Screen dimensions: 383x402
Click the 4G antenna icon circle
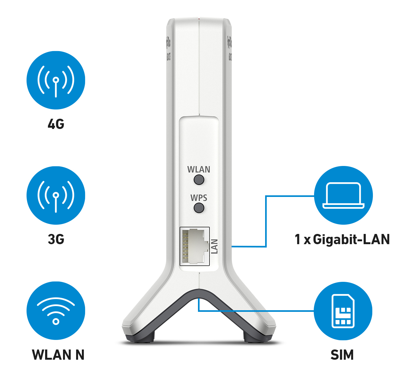pyautogui.click(x=56, y=80)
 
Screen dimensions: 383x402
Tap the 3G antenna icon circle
pyautogui.click(x=56, y=195)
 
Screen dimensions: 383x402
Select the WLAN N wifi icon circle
pyautogui.click(x=56, y=311)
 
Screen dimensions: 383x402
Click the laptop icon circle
pyautogui.click(x=343, y=195)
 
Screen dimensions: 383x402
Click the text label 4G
pyautogui.click(x=56, y=124)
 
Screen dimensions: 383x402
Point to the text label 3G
pyautogui.click(x=56, y=239)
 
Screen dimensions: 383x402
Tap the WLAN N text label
pyautogui.click(x=58, y=355)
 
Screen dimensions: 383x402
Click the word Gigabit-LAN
pyautogui.click(x=351, y=239)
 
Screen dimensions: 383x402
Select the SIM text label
pyautogui.click(x=342, y=355)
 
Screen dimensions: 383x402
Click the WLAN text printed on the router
pyautogui.click(x=199, y=169)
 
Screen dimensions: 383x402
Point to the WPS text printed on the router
pyautogui.click(x=199, y=198)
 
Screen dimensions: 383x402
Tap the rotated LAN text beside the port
pyautogui.click(x=214, y=246)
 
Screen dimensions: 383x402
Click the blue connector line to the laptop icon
pyautogui.click(x=266, y=220)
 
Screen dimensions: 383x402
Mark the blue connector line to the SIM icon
pyautogui.click(x=256, y=311)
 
